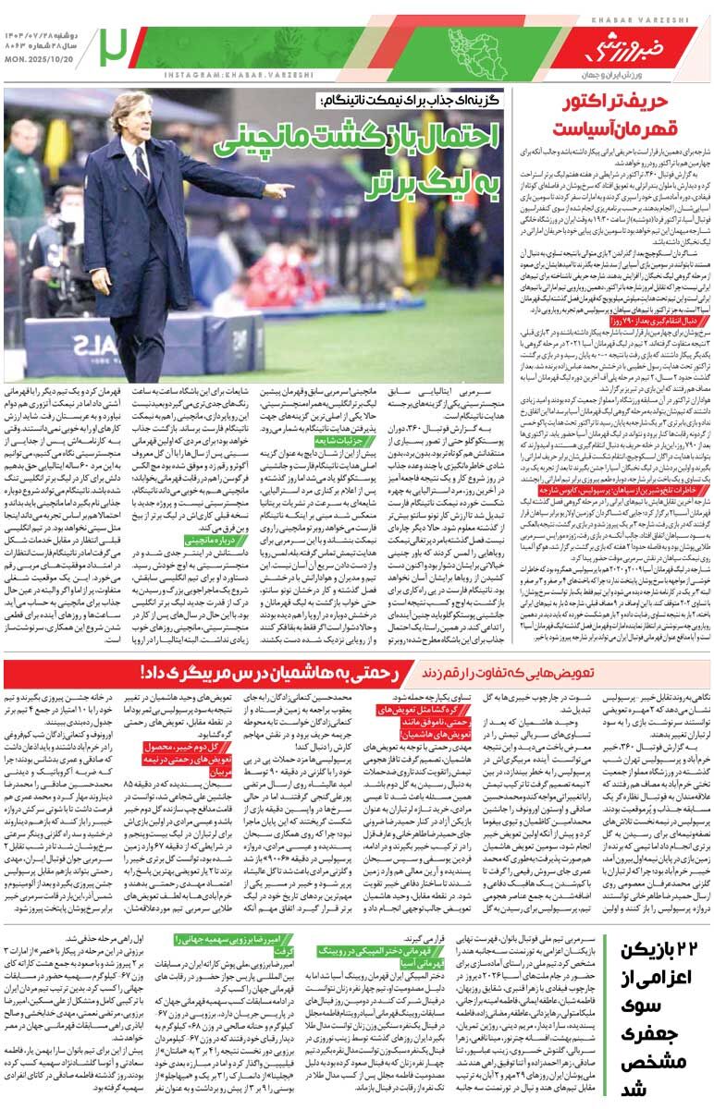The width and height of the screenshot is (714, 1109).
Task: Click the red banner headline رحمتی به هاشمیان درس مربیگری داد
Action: tap(260, 672)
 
